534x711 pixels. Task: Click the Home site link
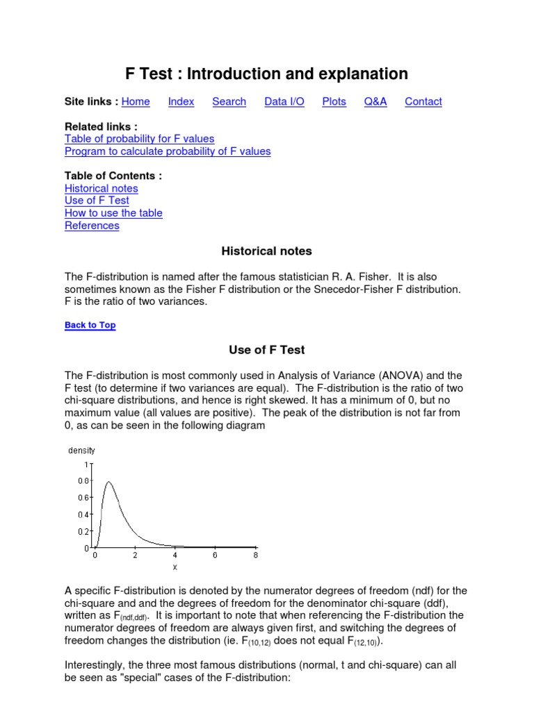coord(136,101)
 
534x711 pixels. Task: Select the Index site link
coord(181,101)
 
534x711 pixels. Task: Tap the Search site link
coord(229,101)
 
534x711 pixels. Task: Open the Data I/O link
coord(284,101)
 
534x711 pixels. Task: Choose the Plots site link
coord(334,101)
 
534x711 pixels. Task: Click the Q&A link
coord(375,101)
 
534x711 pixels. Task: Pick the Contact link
coord(423,101)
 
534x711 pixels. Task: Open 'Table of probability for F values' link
coord(139,139)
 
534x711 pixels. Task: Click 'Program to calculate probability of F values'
coord(168,151)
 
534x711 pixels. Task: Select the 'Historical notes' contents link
coord(101,188)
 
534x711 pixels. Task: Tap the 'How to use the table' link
coord(113,213)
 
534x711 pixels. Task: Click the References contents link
coord(92,226)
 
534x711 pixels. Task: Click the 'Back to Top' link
coord(90,325)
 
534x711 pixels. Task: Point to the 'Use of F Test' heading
coord(267,350)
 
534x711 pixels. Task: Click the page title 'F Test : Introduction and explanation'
coord(266,74)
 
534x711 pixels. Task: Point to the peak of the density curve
coord(108,482)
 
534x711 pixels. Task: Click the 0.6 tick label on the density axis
coord(83,498)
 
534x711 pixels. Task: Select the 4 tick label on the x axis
coord(175,555)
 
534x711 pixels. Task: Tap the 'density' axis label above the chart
coord(81,451)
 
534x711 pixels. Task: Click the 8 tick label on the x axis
coord(255,555)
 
